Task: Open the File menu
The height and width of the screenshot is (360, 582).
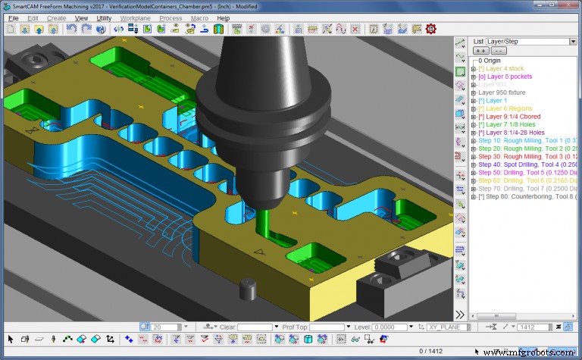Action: tap(13, 17)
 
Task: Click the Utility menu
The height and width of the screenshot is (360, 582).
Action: tap(104, 17)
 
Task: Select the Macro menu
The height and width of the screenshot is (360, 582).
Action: tap(199, 17)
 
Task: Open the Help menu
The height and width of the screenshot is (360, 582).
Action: tap(223, 17)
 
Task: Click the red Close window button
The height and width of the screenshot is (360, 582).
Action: tap(568, 5)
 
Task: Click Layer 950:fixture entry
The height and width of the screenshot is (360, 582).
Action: tap(512, 93)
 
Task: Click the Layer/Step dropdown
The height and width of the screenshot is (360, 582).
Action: tap(530, 42)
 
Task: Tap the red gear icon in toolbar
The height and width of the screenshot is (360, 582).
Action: tap(431, 30)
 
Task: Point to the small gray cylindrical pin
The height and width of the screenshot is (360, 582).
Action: tap(245, 290)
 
